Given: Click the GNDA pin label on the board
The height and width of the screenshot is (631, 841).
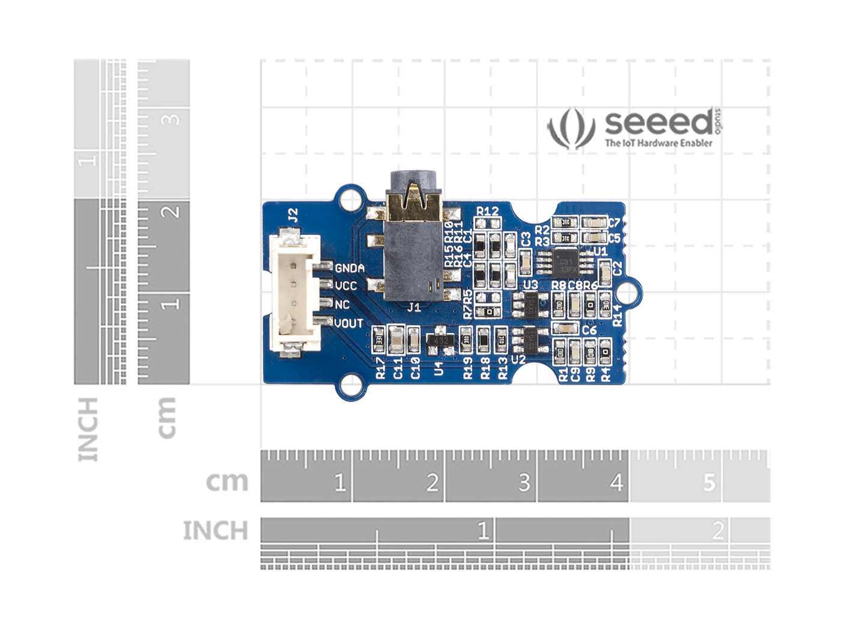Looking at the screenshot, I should tap(350, 268).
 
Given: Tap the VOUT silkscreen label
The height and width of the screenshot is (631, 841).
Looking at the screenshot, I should tap(348, 323).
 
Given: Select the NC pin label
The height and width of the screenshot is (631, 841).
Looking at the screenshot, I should tap(342, 305).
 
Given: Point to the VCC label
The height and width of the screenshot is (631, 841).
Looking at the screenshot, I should tap(345, 286).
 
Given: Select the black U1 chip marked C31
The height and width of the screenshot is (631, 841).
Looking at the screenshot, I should tap(565, 261).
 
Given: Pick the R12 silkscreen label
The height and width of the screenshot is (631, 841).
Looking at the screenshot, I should tap(487, 211).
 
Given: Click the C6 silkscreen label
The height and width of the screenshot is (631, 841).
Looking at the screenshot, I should tap(589, 330).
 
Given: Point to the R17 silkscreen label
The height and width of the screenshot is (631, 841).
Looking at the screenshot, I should tap(380, 367).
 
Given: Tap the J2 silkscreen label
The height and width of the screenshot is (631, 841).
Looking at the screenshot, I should tap(293, 215).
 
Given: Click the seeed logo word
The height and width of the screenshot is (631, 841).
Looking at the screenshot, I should tap(658, 123).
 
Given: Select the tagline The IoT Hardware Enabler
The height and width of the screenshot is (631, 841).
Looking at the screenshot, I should tap(658, 143).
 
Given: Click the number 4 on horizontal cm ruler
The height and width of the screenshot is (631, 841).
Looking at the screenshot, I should tap(616, 483).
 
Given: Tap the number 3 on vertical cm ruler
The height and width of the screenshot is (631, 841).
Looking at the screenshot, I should tap(172, 118).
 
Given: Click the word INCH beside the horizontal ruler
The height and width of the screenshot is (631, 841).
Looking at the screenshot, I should tap(215, 531).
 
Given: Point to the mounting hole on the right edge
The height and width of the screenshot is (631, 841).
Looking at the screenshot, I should tap(627, 293).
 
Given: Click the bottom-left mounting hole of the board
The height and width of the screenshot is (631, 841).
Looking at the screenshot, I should tap(350, 386).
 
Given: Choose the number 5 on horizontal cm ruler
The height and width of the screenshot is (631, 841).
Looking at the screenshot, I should tap(709, 483).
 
